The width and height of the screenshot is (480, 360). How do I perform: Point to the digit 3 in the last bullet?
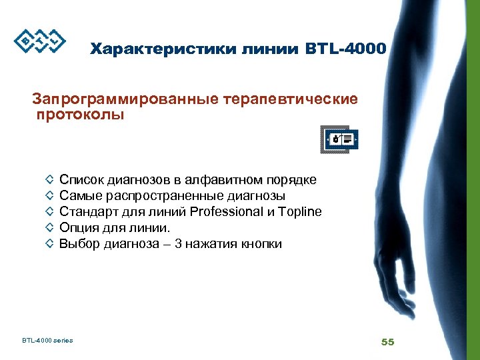pyautogui.click(x=179, y=244)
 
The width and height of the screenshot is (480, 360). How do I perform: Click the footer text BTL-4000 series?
pyautogui.click(x=47, y=341)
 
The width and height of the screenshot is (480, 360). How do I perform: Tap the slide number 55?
pyautogui.click(x=387, y=341)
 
